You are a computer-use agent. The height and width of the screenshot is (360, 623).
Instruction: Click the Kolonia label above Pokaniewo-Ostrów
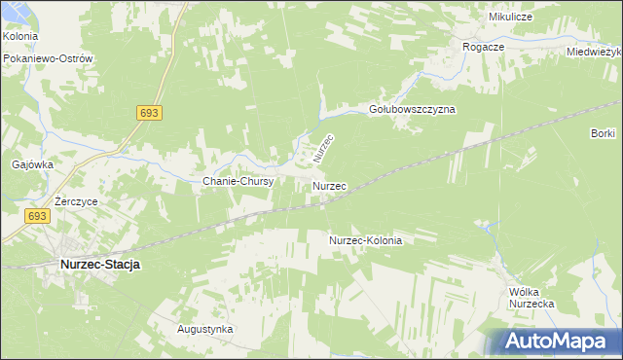coord(19,36)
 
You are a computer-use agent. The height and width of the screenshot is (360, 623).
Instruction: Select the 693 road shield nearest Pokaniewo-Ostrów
coord(148,114)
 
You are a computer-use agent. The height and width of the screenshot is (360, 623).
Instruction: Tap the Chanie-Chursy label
coord(238,181)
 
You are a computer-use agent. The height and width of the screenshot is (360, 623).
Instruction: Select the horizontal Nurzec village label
coord(330,184)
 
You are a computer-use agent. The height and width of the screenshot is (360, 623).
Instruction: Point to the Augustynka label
coord(204,329)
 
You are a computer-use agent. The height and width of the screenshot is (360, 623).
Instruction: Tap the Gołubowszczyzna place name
coord(413,110)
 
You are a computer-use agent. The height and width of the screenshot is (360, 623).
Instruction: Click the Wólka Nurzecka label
coord(531,298)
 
